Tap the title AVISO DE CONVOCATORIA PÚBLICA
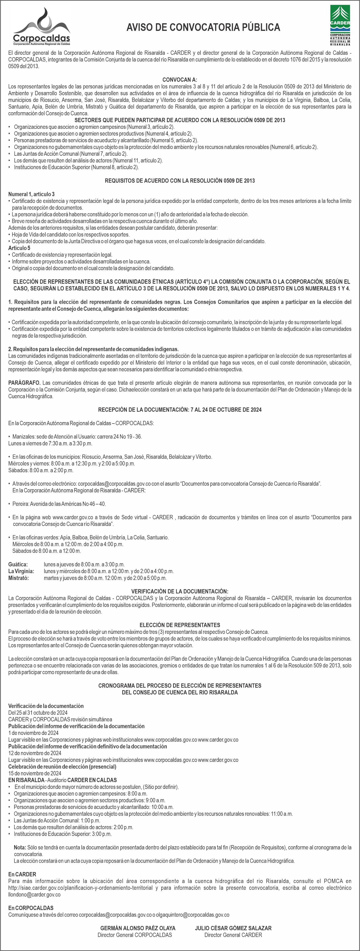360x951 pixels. pos(203,27)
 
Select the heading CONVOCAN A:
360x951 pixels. pos(180,80)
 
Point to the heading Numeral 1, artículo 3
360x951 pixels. pos(31,194)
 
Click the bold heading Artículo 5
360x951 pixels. pos(19,248)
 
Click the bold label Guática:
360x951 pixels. pos(18,565)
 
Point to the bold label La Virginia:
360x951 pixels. pos(21,571)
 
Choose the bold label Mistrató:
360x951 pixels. pos(19,578)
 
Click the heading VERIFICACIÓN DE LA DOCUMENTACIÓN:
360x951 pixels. pos(180,591)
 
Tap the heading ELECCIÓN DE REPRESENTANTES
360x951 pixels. pos(180,625)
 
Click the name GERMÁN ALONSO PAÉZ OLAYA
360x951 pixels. pos(138,928)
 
